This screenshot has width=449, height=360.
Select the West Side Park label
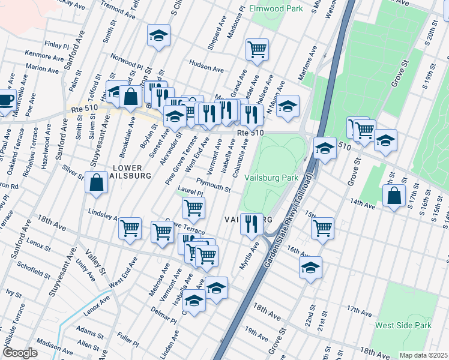click(403, 325)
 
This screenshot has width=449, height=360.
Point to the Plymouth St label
click(213, 185)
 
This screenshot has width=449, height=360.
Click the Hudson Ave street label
click(206, 62)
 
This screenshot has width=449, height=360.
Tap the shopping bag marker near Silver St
click(96, 182)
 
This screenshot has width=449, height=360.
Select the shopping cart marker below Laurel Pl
click(193, 208)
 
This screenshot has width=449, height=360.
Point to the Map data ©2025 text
click(423, 355)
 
